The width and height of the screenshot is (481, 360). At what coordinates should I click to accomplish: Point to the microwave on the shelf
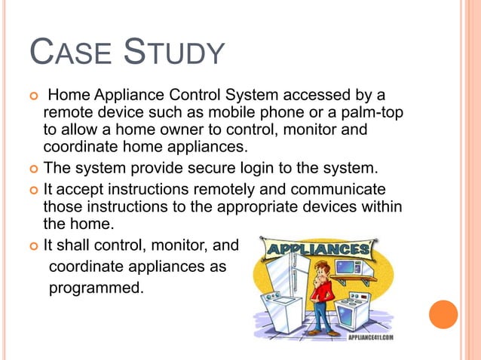pos(351,268)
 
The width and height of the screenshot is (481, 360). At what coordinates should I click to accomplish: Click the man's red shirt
pos(321,291)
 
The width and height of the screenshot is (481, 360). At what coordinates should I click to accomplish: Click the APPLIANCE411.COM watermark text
pos(370,338)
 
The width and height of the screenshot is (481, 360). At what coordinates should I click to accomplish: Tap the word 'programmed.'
pos(96,287)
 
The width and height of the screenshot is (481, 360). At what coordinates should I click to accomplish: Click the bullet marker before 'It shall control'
pos(32,245)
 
